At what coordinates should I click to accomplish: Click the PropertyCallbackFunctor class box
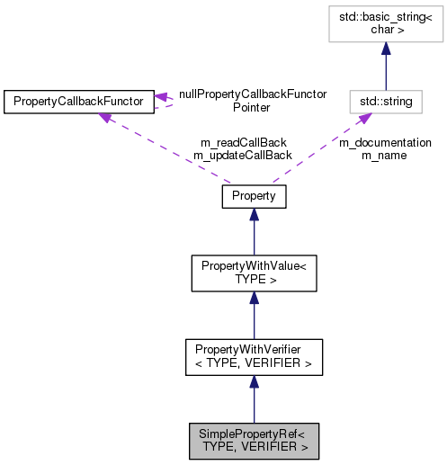(78, 102)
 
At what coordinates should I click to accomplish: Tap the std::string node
(386, 102)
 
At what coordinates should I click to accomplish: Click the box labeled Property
(254, 195)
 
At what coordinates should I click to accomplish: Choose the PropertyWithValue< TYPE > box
(254, 273)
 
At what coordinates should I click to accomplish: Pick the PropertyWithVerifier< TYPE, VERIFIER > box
(254, 357)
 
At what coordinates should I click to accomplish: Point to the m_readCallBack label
(242, 142)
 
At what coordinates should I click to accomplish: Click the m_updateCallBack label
(242, 155)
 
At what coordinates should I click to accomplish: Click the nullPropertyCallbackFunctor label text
(252, 94)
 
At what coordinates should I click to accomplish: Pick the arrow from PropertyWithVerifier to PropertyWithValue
(254, 315)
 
